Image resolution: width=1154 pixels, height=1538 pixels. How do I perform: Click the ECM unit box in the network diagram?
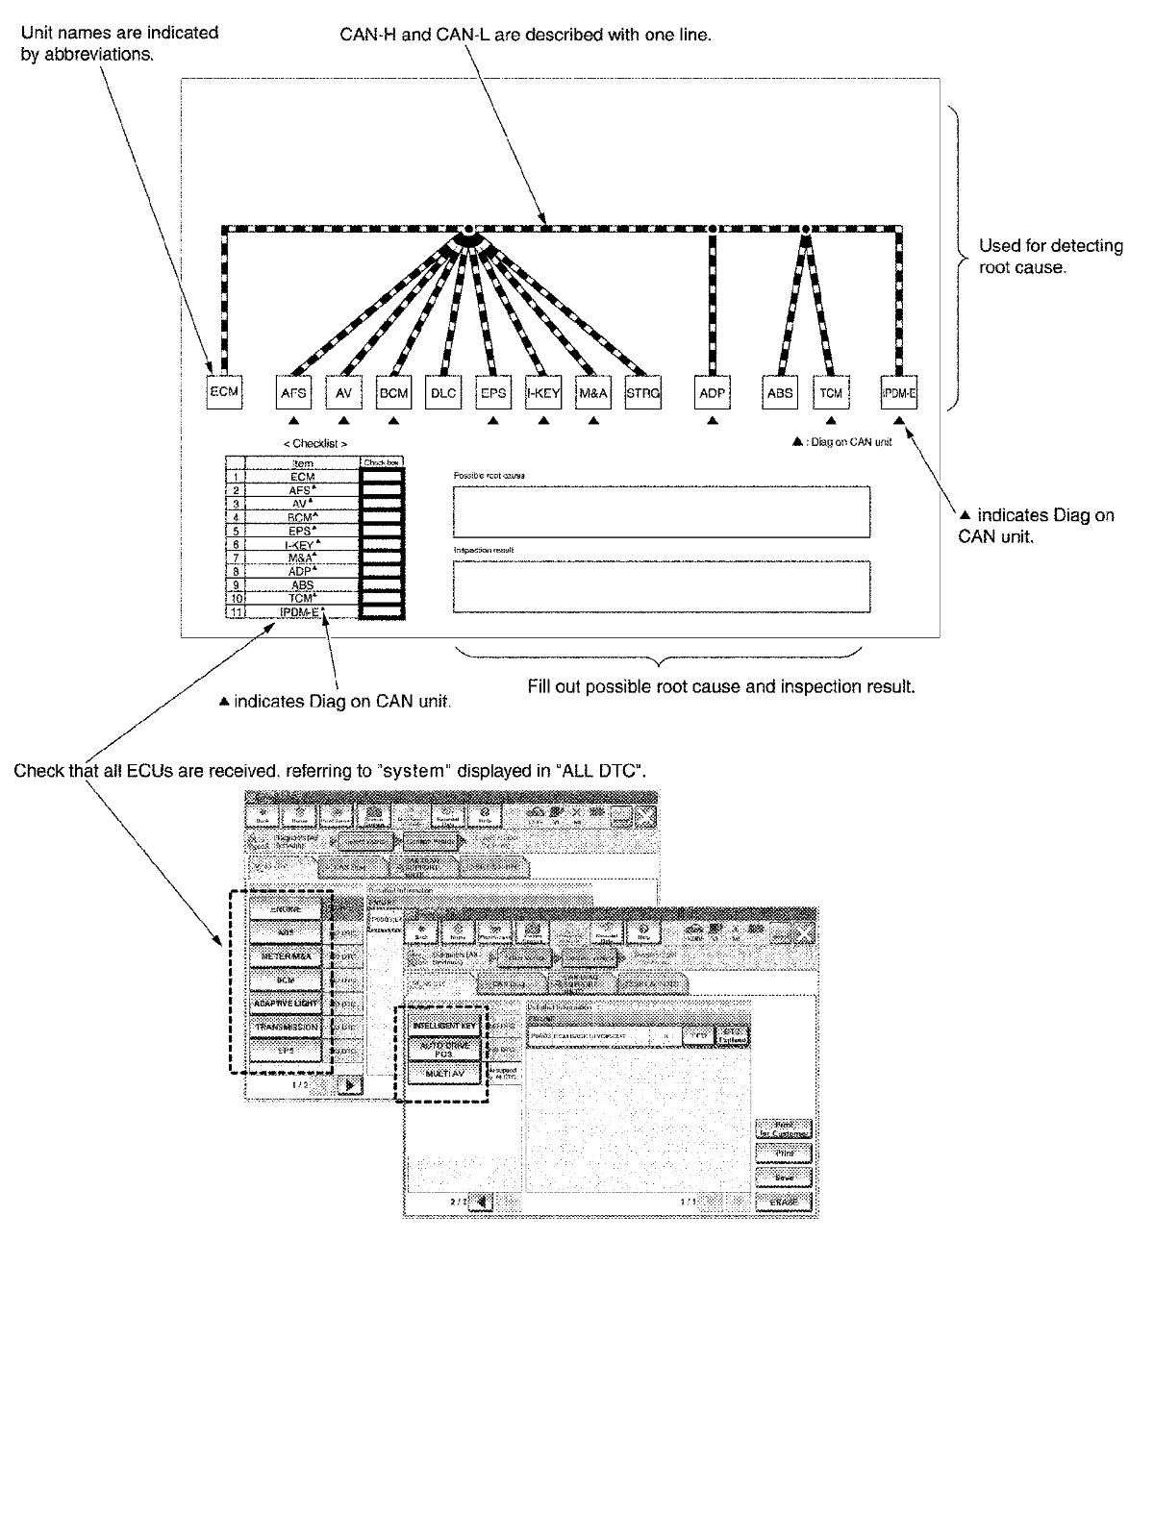point(224,391)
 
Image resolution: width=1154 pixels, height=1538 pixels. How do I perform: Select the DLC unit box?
point(443,392)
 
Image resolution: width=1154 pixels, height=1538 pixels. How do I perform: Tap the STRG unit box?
point(642,392)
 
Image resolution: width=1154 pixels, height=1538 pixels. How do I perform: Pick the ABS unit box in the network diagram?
point(780,392)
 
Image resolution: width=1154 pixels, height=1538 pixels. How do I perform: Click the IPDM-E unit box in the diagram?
point(899,392)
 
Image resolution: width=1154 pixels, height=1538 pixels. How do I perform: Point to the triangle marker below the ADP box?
point(712,420)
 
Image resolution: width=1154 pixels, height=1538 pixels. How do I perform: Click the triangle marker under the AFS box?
point(293,420)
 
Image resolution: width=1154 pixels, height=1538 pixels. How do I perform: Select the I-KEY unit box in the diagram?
point(543,392)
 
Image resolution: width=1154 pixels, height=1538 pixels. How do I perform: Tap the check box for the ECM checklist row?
point(382,477)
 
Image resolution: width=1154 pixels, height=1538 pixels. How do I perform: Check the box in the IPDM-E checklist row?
point(382,611)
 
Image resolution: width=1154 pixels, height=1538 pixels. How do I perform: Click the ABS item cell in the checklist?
point(303,584)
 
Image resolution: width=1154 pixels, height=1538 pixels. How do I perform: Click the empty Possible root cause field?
point(662,511)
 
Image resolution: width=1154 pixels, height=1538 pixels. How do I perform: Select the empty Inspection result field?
point(662,586)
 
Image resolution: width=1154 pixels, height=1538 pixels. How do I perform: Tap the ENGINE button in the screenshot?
point(286,908)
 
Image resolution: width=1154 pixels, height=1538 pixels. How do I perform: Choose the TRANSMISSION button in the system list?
point(286,1028)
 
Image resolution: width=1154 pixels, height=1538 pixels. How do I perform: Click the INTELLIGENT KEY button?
point(444,1026)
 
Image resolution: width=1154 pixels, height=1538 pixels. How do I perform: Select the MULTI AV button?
point(444,1074)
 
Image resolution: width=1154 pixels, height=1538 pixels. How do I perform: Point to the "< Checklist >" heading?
point(315,443)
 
